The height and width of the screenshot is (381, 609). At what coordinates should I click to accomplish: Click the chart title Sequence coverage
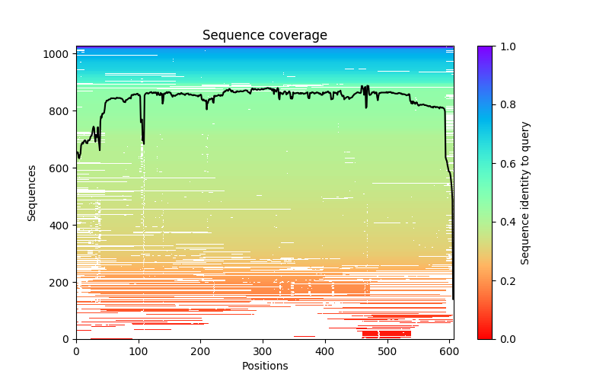point(264,36)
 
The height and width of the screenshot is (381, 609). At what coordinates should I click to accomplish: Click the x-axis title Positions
point(264,366)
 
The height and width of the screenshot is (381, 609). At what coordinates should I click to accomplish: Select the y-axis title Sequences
point(32,192)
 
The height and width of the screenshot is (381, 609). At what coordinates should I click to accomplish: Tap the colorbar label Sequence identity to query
point(525,192)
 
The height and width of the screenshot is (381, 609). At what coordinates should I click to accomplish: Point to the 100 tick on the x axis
point(139,351)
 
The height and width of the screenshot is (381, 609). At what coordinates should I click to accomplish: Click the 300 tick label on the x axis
point(263,351)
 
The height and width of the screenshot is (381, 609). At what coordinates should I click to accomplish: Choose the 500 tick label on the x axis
point(387,351)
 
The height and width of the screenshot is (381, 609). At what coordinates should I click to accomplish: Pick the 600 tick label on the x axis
point(450,351)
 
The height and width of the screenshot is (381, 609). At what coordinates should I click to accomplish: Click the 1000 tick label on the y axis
point(60,54)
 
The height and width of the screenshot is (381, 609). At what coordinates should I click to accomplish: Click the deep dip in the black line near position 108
point(143,142)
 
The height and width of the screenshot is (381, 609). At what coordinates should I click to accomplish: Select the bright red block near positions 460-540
point(386,334)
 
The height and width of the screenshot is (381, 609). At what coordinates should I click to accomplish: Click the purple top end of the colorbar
point(484,49)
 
